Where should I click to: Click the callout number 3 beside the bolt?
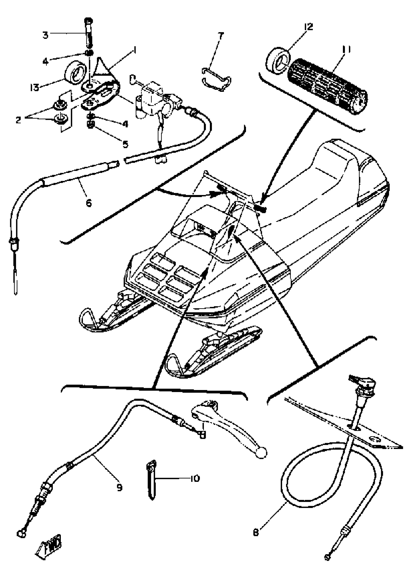45,35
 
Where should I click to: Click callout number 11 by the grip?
346,49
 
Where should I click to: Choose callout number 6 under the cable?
88,203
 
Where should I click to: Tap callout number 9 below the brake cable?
119,487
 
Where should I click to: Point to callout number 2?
18,120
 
